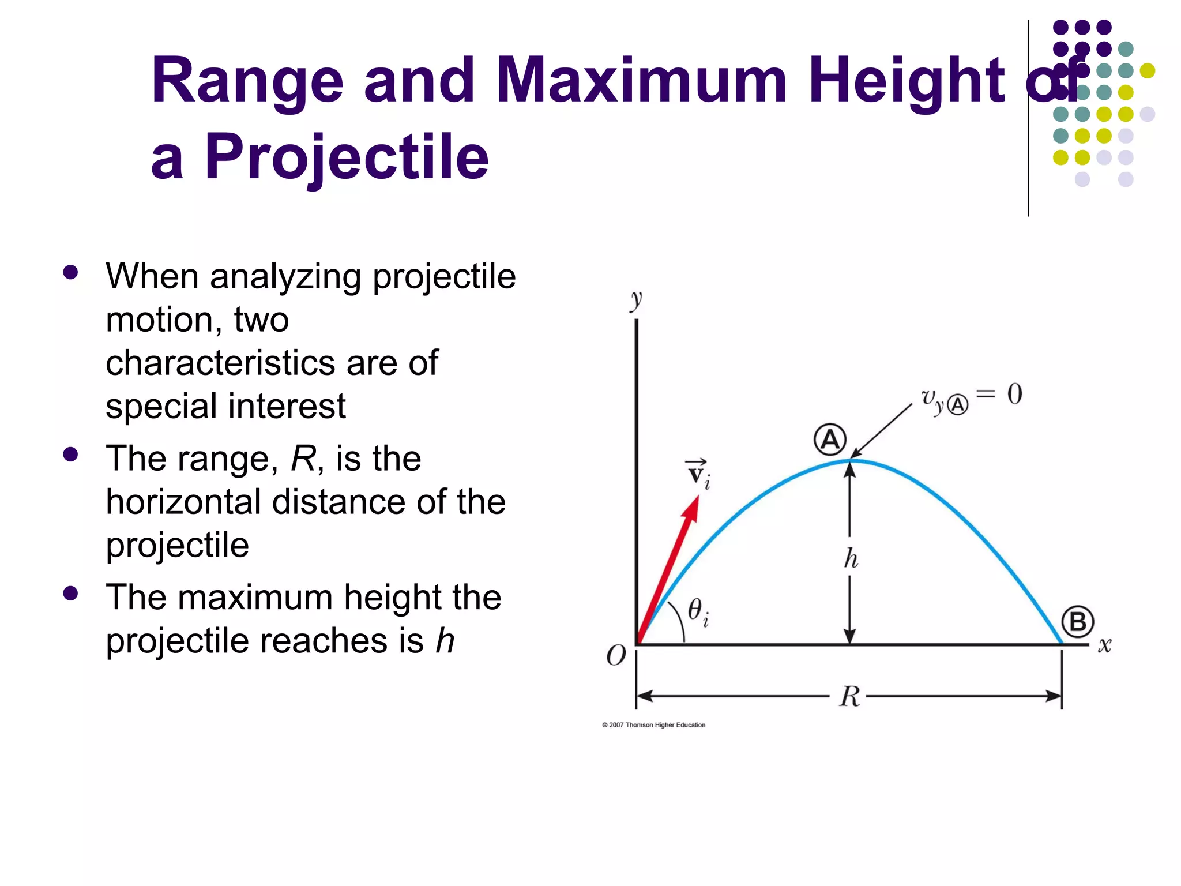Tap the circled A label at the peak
click(830, 440)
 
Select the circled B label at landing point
click(1077, 622)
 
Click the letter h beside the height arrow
click(851, 558)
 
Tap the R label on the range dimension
click(849, 696)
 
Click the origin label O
click(616, 655)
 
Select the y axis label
click(636, 300)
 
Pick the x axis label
click(1104, 645)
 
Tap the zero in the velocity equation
click(1015, 395)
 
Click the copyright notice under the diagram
click(653, 725)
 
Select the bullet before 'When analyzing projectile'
click(71, 272)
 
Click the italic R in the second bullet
click(303, 459)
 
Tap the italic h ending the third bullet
click(445, 640)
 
